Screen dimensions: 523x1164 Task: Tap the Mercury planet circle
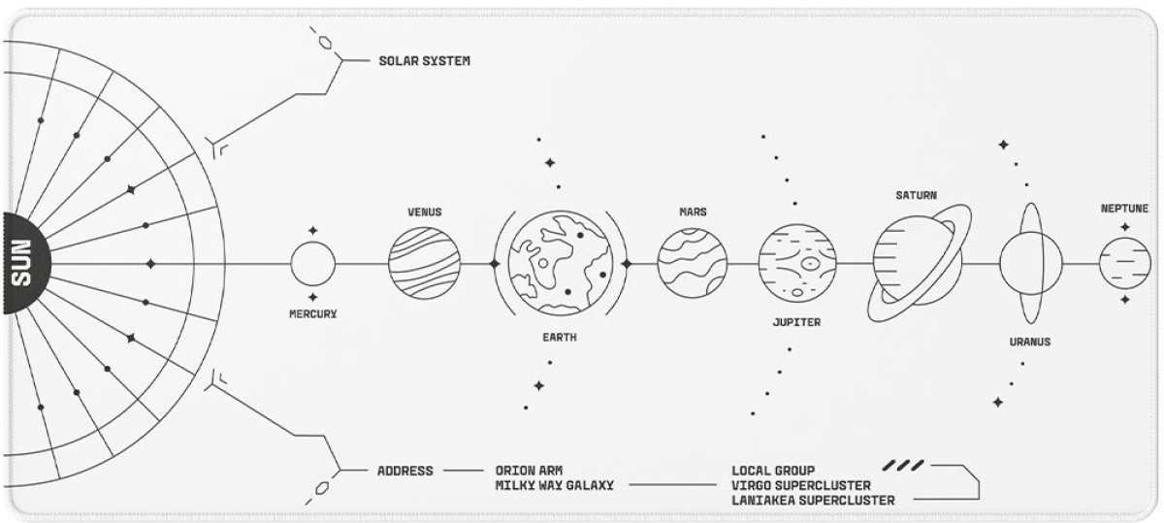pos(312,264)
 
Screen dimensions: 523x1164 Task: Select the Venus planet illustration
pos(424,263)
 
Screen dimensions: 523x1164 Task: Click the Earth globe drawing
pos(560,263)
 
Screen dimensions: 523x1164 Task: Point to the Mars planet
pos(693,263)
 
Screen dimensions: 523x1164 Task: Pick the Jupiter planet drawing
pos(796,263)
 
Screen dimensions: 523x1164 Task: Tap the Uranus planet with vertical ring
pos(1030,263)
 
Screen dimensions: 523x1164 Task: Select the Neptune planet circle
pos(1124,263)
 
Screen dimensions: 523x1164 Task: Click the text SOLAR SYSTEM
pos(424,61)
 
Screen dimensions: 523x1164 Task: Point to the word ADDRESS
pos(404,472)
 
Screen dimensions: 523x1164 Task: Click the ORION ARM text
pos(529,471)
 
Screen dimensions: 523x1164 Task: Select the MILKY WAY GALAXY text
pos(554,485)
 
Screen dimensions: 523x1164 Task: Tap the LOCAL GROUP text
pos(773,471)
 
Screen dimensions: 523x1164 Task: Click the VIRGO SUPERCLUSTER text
pos(800,485)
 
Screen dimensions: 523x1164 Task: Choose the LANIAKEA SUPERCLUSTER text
pos(813,500)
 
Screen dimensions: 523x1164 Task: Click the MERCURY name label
pos(312,314)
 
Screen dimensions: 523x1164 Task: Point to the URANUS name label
pos(1029,343)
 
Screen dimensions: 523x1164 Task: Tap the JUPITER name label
pos(796,322)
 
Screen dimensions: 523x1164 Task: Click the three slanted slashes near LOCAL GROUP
pos(903,466)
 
